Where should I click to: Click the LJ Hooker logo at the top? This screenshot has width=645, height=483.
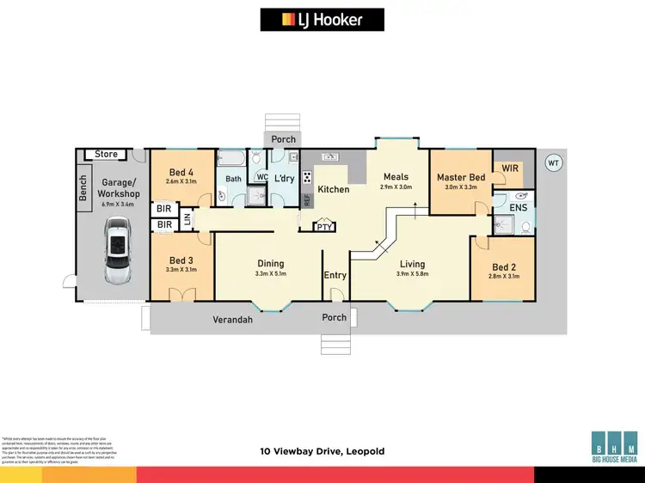click(322, 20)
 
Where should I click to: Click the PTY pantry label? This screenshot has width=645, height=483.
click(324, 227)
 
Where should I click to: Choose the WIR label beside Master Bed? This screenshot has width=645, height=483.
click(511, 168)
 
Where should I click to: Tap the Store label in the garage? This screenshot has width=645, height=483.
click(107, 155)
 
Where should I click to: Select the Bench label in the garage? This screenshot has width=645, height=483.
click(83, 189)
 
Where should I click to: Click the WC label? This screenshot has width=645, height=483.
click(261, 177)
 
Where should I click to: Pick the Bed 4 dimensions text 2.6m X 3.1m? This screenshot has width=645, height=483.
click(181, 181)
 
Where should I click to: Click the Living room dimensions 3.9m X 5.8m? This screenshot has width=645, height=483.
click(412, 274)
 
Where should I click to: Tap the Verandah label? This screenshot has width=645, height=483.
click(233, 320)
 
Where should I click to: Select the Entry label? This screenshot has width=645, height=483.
click(335, 275)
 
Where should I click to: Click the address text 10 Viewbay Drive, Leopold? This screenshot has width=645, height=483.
click(322, 450)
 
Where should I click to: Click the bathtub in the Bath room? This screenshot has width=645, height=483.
click(231, 158)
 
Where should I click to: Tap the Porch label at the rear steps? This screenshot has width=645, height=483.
click(283, 139)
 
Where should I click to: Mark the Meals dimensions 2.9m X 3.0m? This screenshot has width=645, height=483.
click(396, 186)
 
